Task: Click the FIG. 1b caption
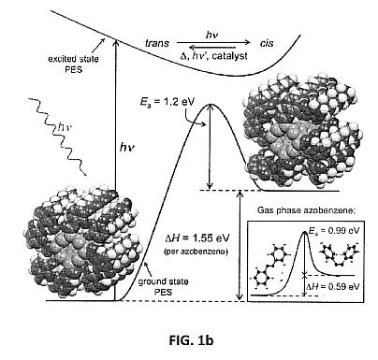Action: (x=191, y=340)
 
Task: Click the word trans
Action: (x=157, y=43)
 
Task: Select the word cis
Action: (x=267, y=43)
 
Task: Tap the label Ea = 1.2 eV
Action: (x=167, y=101)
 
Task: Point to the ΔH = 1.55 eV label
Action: (x=197, y=238)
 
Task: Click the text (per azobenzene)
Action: (x=196, y=252)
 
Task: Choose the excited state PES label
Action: (x=73, y=64)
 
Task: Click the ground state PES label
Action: (x=163, y=287)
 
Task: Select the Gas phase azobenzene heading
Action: (x=306, y=210)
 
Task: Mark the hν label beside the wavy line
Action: (x=65, y=127)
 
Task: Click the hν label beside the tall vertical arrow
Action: (x=127, y=147)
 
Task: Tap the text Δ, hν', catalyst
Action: (x=214, y=56)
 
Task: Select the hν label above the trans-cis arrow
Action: (x=211, y=35)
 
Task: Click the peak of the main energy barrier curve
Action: (x=211, y=105)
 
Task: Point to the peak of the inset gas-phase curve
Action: (x=305, y=232)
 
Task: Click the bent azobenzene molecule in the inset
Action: (x=340, y=254)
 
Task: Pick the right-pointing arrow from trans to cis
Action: (x=213, y=42)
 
